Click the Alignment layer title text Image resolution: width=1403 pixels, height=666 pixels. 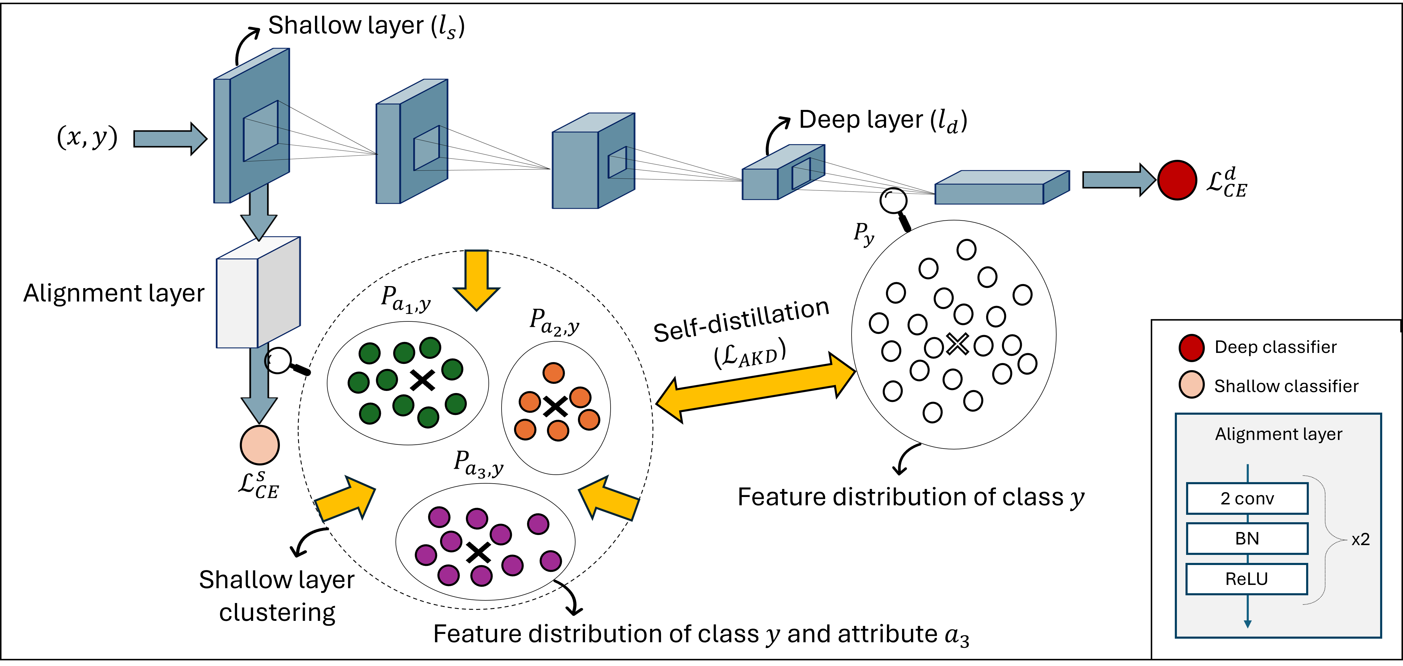click(1278, 434)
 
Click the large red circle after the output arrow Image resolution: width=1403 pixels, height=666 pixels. click(1177, 180)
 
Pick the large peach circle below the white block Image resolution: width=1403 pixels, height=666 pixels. click(260, 445)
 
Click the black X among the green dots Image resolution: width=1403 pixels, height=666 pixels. click(422, 380)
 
